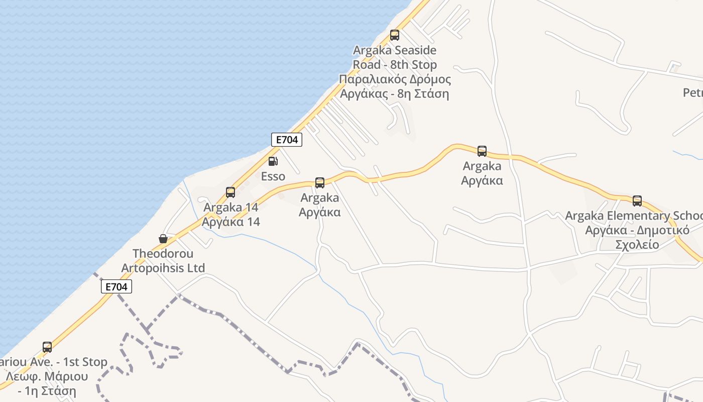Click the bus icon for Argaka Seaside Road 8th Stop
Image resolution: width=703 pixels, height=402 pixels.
pos(395,35)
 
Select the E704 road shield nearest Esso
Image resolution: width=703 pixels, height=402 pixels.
pos(287,140)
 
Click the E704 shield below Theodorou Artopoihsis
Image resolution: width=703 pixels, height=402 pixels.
pos(116,287)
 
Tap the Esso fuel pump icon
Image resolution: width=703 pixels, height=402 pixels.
pos(273,161)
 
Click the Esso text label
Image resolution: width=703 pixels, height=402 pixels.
pos(273,176)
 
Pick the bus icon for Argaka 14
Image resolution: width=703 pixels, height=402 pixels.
pos(230,192)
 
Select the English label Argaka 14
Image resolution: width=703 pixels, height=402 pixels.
pos(231,207)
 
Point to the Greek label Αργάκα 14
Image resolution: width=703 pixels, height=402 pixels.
pos(231,222)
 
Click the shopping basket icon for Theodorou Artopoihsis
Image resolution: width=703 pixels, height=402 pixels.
pos(163,238)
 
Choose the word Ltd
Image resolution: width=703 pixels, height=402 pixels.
pos(194,268)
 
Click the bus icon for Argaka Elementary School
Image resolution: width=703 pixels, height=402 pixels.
pos(637,201)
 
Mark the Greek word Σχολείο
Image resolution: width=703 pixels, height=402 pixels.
pos(637,245)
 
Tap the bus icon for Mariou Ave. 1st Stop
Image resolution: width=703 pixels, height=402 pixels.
pos(47,347)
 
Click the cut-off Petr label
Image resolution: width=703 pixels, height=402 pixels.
pos(693,93)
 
